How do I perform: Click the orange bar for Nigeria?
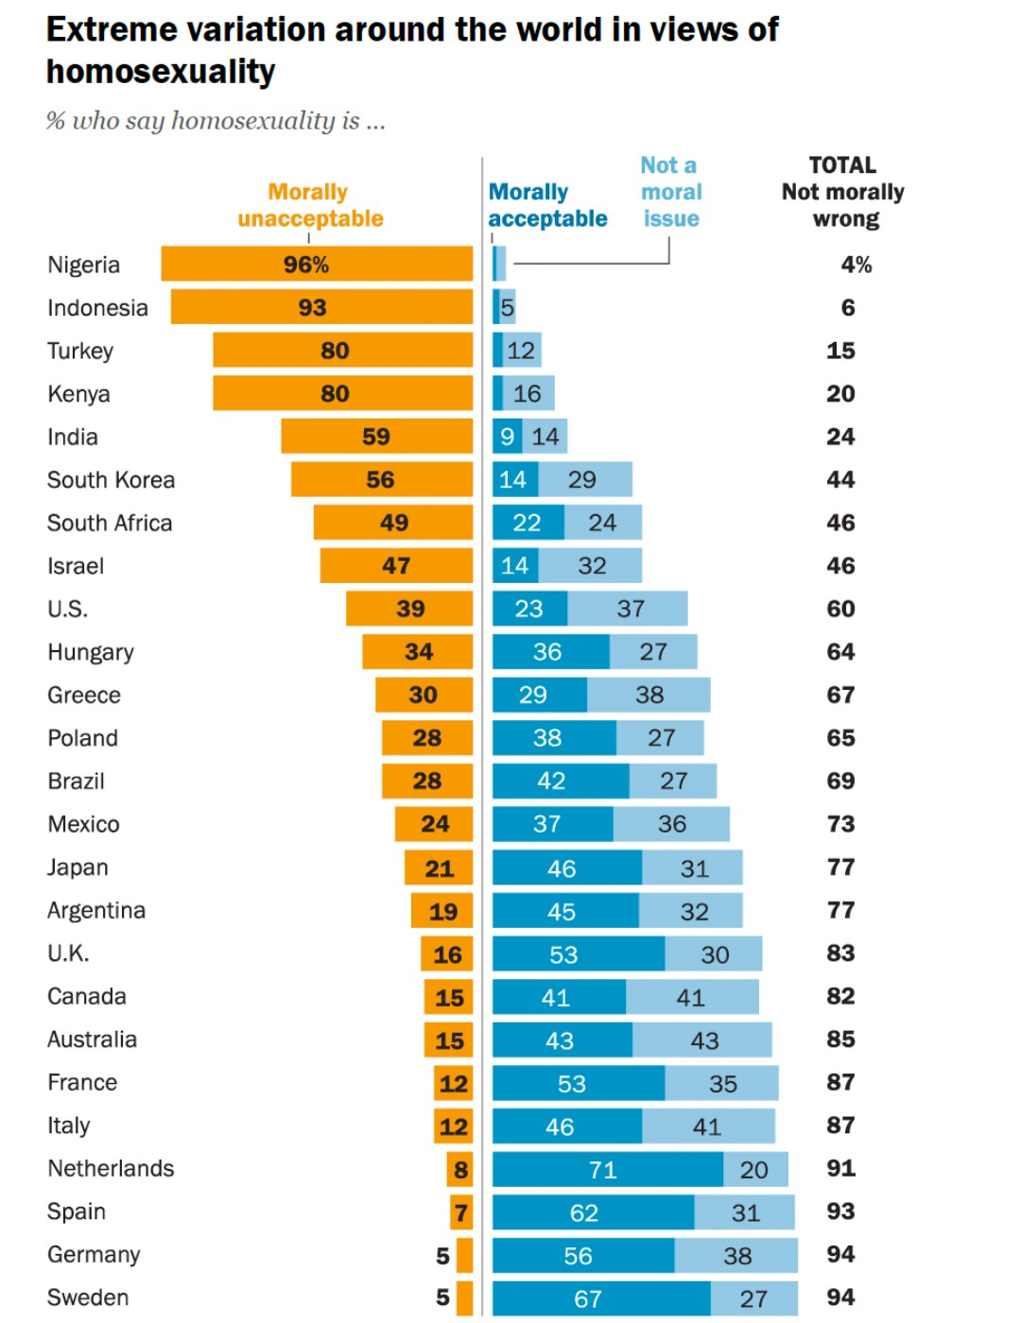click(317, 264)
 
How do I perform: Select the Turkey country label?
click(80, 351)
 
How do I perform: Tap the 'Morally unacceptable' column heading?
click(310, 205)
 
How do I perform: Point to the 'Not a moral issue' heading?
click(670, 192)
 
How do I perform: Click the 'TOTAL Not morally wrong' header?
click(842, 192)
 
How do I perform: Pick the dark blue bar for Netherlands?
click(607, 1169)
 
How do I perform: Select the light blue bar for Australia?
click(701, 1039)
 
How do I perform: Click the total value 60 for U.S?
click(840, 609)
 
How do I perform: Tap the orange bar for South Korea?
click(381, 479)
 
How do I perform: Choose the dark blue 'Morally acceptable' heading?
click(546, 205)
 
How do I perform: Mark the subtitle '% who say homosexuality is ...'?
click(216, 121)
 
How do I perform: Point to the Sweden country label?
click(88, 1297)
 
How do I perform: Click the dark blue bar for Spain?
click(593, 1211)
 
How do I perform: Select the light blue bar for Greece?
click(649, 695)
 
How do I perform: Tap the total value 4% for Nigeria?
click(856, 265)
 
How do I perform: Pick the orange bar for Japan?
click(439, 868)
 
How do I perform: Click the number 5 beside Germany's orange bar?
click(442, 1255)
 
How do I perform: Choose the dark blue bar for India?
click(507, 437)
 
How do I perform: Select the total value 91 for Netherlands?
click(840, 1168)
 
